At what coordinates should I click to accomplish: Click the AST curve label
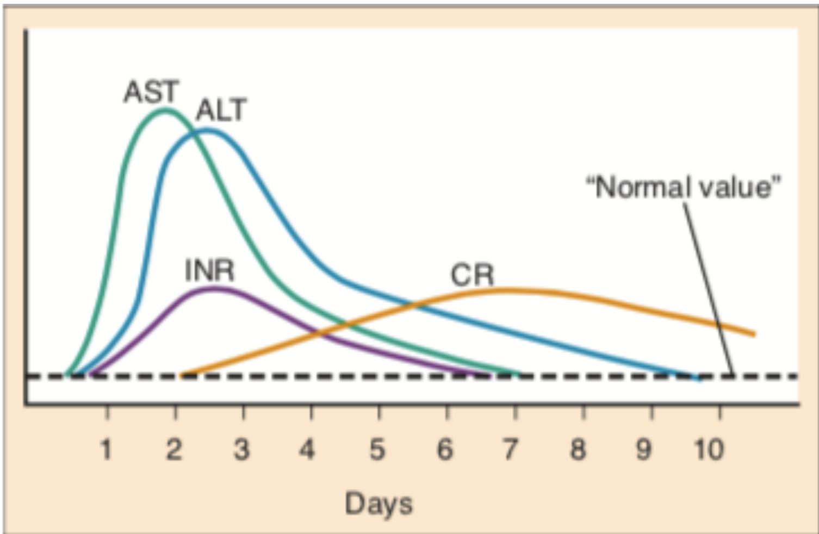click(151, 91)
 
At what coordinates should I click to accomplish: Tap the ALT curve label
click(221, 110)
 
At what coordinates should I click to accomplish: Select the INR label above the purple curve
click(209, 270)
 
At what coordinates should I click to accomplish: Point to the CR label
click(472, 275)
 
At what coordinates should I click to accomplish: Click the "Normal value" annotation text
click(684, 187)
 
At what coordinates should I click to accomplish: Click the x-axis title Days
click(379, 503)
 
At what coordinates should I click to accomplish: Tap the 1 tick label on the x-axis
click(106, 450)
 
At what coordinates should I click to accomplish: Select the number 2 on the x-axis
click(174, 450)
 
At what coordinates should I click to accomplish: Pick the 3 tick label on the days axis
click(242, 450)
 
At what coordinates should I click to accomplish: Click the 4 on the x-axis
click(308, 450)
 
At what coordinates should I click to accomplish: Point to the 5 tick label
click(377, 450)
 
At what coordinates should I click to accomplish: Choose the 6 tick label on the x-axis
click(445, 450)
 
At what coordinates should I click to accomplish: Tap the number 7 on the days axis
click(510, 450)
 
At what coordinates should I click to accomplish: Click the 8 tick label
click(578, 450)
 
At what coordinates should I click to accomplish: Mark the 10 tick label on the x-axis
click(709, 450)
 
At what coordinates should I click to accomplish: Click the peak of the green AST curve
click(165, 110)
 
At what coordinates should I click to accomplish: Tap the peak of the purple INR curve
click(215, 288)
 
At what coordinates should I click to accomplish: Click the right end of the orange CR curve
click(754, 334)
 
